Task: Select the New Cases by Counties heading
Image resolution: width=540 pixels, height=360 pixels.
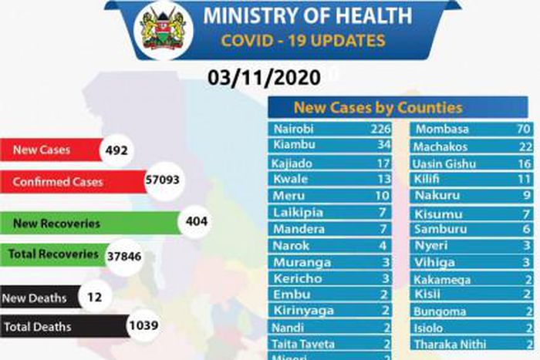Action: click(377, 107)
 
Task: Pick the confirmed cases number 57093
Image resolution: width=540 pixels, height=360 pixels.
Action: click(166, 182)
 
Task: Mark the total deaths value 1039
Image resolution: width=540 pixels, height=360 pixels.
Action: click(143, 326)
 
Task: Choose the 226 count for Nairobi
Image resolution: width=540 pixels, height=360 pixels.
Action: click(380, 130)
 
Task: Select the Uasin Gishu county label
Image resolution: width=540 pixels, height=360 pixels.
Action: click(444, 163)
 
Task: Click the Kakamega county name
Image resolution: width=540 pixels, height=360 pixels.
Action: click(442, 280)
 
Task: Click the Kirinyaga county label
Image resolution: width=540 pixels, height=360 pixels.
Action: click(302, 310)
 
